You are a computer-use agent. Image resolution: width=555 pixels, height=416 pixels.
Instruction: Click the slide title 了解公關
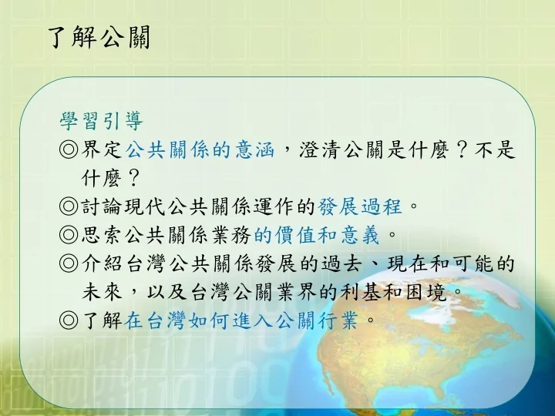click(99, 37)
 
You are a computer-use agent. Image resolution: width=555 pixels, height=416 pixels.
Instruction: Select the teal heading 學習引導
click(102, 122)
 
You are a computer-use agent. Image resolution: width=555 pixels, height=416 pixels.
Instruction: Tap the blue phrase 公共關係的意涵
click(200, 149)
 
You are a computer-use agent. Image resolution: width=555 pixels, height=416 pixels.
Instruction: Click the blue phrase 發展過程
click(360, 206)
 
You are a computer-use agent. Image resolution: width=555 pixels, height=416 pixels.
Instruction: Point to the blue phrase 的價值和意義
click(317, 235)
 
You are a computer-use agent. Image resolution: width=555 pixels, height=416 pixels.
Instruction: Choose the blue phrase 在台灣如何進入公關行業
click(241, 320)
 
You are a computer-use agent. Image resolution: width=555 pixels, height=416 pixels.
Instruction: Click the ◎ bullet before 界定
click(69, 149)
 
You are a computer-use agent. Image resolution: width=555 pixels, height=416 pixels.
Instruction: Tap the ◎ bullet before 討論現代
click(69, 206)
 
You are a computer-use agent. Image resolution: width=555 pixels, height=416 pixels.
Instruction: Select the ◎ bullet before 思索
click(69, 235)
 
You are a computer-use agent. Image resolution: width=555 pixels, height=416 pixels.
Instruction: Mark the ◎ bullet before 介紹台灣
click(69, 263)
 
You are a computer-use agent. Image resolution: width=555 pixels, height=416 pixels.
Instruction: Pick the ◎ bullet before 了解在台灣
click(69, 320)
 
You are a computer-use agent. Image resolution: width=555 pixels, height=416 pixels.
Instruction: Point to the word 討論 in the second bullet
click(102, 206)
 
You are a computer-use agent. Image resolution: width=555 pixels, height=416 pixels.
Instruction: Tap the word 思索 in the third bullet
click(102, 235)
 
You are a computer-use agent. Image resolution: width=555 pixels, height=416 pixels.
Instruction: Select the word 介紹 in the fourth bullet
click(102, 263)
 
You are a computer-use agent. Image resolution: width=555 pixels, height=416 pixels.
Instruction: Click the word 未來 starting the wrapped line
click(102, 292)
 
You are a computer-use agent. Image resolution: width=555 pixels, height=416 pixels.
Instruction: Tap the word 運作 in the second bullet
click(274, 206)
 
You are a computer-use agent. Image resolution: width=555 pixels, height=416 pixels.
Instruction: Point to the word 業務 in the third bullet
click(231, 235)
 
